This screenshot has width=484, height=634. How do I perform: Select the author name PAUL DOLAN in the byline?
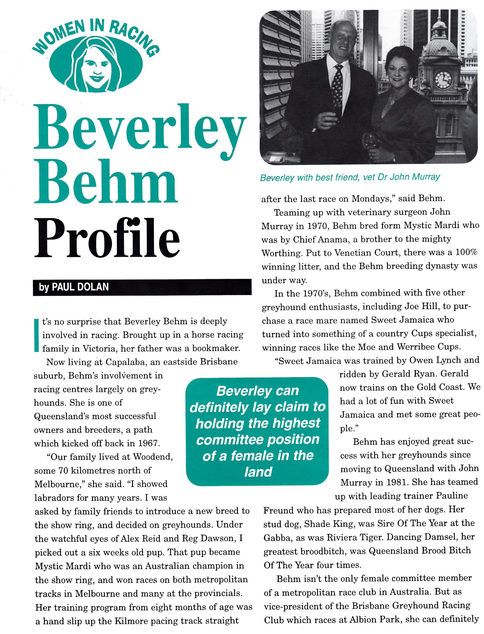click(80, 287)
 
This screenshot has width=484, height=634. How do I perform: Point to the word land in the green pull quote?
click(258, 472)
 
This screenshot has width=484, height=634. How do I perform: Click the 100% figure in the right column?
click(466, 253)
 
